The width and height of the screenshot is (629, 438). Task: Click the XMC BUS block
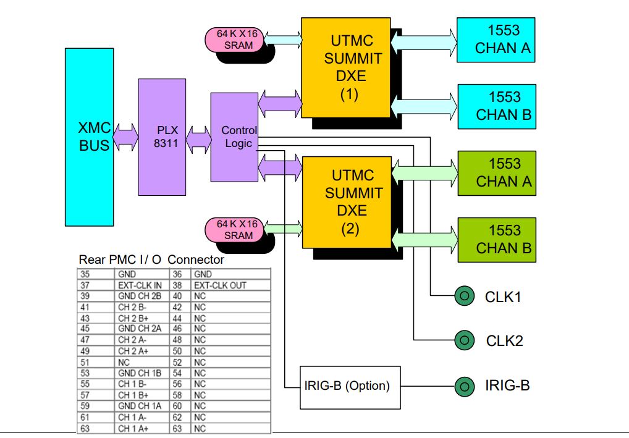(x=89, y=137)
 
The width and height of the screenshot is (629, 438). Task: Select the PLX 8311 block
(x=162, y=137)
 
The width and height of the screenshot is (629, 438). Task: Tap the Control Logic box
(x=234, y=137)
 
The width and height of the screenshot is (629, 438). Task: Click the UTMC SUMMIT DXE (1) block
(x=345, y=68)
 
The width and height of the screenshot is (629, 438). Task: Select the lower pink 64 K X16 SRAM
(x=235, y=229)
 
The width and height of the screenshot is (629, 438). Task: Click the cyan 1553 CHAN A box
(x=496, y=40)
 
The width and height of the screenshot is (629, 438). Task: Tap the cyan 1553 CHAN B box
(x=496, y=106)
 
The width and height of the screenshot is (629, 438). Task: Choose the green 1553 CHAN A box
(x=496, y=173)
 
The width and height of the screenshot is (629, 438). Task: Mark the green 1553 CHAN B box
(x=496, y=240)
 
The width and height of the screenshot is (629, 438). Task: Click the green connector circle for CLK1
(x=463, y=297)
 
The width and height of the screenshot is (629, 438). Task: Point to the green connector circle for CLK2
(x=463, y=340)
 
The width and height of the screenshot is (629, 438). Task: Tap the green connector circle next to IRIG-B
(x=463, y=387)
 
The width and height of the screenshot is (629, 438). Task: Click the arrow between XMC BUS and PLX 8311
(x=126, y=137)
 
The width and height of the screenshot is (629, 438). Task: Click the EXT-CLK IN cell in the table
(x=140, y=285)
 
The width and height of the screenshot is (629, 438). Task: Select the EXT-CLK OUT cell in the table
(x=220, y=285)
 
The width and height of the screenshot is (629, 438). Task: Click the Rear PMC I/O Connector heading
(x=151, y=259)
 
